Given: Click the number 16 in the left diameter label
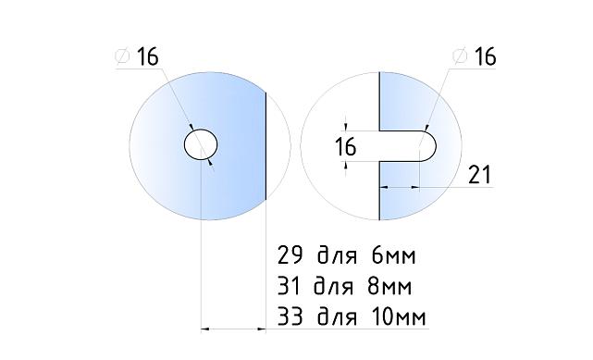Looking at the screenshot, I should (x=148, y=56).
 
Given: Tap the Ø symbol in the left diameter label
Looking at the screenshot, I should (x=122, y=56).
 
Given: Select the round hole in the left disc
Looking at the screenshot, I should (x=200, y=145).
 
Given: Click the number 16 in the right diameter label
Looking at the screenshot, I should (x=485, y=56).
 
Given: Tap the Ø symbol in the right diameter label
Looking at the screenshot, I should (x=459, y=56).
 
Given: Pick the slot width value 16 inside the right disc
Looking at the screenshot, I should (x=345, y=146).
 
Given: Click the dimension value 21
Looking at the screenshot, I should (x=479, y=175).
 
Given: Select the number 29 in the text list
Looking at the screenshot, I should (x=290, y=254).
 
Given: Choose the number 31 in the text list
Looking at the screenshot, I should (x=290, y=286).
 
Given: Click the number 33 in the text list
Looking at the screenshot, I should (x=290, y=317).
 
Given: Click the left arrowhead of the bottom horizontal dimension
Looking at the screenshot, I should (x=207, y=328).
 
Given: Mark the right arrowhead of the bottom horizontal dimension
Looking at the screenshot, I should (x=261, y=328).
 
